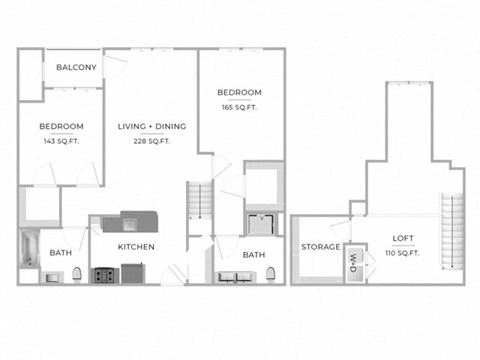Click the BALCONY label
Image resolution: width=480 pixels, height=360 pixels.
click(x=76, y=67)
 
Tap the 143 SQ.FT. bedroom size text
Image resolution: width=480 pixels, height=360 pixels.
click(x=61, y=141)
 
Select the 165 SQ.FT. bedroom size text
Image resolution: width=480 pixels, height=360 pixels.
click(x=239, y=106)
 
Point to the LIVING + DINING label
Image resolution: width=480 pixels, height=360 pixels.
click(x=144, y=126)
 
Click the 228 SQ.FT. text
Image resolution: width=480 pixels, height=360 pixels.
click(x=151, y=141)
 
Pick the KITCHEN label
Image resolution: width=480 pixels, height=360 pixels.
click(x=137, y=246)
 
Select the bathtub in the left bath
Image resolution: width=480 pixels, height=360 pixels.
click(x=28, y=254)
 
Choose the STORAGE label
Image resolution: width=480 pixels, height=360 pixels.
click(x=320, y=246)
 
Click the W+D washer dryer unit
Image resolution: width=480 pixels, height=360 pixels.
click(x=353, y=261)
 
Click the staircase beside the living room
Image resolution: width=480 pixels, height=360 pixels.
click(x=197, y=206)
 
